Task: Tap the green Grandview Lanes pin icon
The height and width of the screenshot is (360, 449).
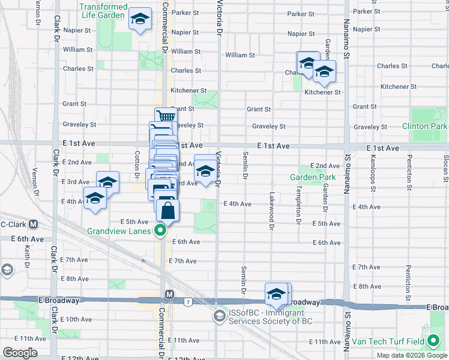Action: [160, 230]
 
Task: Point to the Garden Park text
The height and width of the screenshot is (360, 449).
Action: [313, 178]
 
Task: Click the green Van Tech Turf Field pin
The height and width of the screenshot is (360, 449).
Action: [434, 343]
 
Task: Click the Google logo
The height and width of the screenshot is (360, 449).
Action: [20, 353]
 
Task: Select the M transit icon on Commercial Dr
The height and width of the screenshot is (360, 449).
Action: [170, 295]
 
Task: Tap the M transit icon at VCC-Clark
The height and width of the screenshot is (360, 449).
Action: [34, 224]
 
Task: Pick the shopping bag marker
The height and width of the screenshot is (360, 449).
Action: [167, 210]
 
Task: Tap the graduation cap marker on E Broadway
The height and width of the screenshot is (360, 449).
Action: [276, 294]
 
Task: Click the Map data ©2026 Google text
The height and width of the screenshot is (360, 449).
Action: [411, 355]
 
